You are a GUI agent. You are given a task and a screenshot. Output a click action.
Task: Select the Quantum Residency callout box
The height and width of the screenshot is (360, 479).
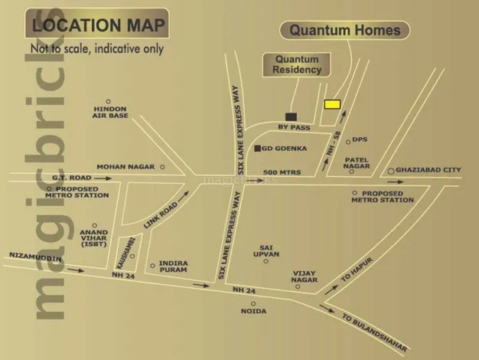pyautogui.click(x=297, y=64)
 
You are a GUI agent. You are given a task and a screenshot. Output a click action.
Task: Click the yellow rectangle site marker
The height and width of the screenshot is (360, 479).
pyautogui.click(x=332, y=104)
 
